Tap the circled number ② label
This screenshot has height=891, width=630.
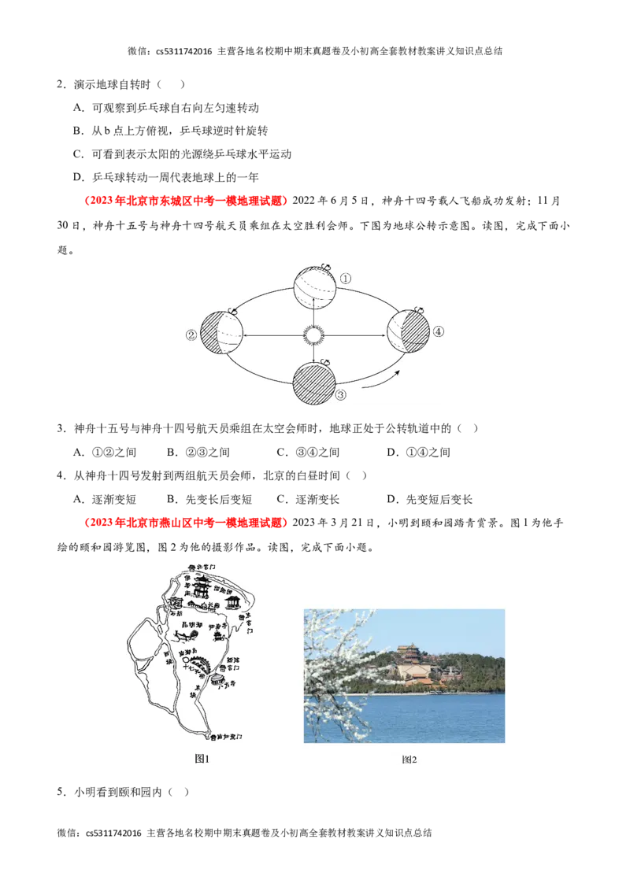coord(191,335)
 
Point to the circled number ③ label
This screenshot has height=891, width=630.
coord(340,396)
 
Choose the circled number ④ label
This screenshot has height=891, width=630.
coord(439,331)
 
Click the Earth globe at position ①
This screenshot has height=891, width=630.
coord(314,288)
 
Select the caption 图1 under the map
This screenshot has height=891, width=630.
coord(202,759)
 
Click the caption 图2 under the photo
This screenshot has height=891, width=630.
coord(409,760)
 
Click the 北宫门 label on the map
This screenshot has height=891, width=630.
coord(206,567)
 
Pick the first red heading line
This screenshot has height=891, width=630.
coord(186,201)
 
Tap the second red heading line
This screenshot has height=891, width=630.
coord(186,523)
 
